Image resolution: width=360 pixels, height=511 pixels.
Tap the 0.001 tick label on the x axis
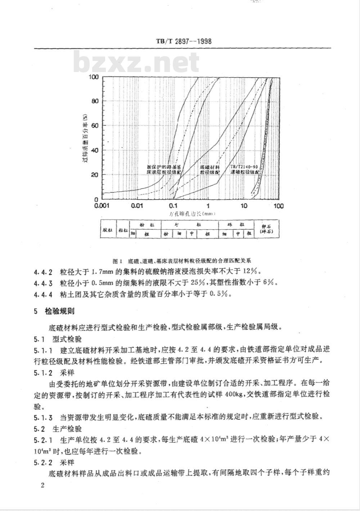102,206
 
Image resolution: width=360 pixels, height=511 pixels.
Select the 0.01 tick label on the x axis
138,206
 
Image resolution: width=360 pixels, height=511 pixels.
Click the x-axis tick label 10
244,206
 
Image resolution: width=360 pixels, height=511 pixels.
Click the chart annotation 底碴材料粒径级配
210,170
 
